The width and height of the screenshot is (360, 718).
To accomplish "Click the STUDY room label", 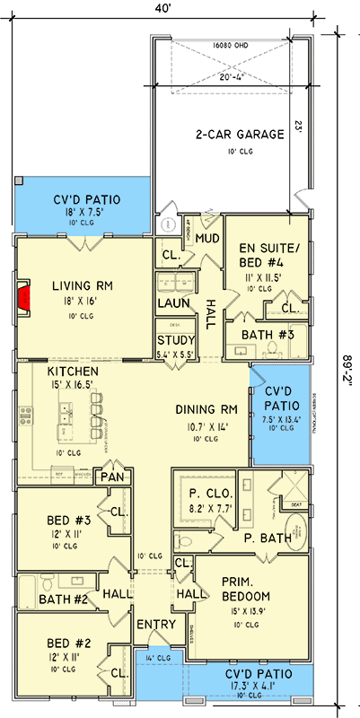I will pos(174,341).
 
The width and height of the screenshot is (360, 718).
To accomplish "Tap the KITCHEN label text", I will pos(73,371).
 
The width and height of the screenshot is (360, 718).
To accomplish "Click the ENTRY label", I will pos(151,625).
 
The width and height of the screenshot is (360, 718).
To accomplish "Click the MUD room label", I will pos(208,239).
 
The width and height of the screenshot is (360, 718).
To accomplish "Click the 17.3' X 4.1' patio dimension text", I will pos(248,686).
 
